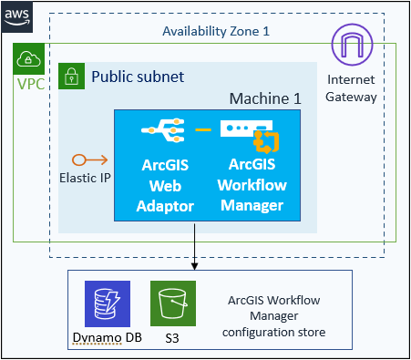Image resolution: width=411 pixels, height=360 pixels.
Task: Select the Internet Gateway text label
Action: [x=351, y=89]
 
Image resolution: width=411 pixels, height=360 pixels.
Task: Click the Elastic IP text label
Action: [x=85, y=178]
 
